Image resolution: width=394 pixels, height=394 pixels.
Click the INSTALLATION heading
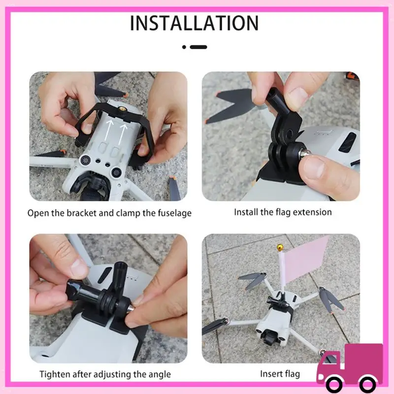(x=195, y=23)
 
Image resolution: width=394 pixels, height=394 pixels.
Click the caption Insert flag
(x=280, y=374)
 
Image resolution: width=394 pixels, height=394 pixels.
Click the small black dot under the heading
(x=184, y=47)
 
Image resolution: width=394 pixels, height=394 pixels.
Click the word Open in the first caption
(x=37, y=213)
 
